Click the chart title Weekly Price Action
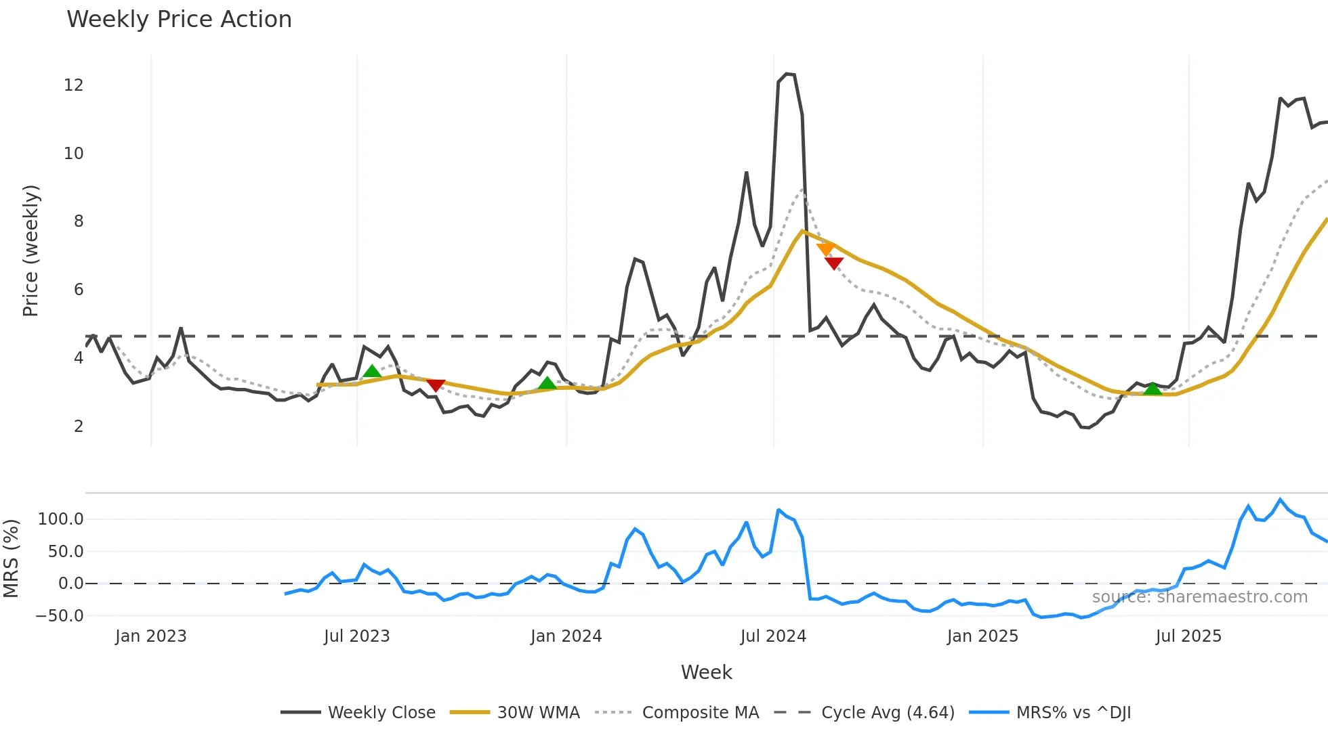179,19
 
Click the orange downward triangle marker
825,249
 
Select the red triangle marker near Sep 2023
436,385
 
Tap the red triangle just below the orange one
834,263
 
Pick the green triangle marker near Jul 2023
372,371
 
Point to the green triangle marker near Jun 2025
1153,389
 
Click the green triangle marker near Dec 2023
547,383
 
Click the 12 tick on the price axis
73,85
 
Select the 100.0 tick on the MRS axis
60,519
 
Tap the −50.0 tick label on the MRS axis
59,616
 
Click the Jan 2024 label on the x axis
566,636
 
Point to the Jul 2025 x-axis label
1188,636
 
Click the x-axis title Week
706,672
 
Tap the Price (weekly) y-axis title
30,250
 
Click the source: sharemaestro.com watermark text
1199,597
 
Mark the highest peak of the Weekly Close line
787,74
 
